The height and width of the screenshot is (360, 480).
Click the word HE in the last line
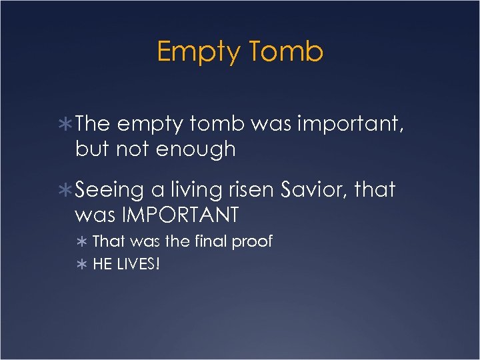tap(102, 265)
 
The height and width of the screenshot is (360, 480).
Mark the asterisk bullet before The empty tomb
tap(66, 124)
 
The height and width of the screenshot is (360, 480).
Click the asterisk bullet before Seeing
tap(66, 191)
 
